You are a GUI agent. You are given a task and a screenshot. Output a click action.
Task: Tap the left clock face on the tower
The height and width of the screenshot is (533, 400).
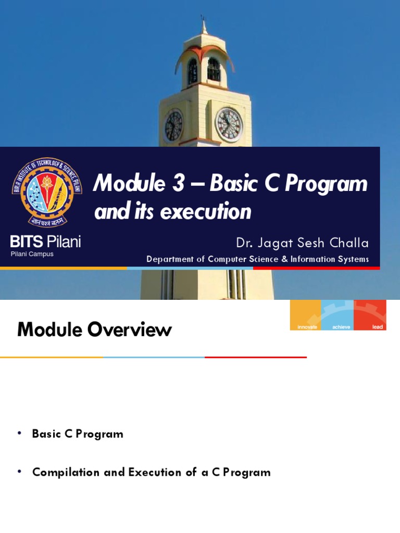pos(173,126)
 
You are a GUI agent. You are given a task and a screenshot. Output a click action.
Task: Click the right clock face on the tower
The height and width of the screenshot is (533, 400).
pos(229,125)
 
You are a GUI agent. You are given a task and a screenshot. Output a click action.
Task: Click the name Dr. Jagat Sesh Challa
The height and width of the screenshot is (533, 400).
pos(302,243)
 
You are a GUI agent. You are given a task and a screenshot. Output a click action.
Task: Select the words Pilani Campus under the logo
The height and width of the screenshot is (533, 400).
pos(32,254)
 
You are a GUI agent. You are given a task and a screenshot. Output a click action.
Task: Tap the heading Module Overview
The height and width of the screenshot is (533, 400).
pos(94,329)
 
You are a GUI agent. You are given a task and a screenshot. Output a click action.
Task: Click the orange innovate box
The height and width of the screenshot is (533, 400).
pos(306,315)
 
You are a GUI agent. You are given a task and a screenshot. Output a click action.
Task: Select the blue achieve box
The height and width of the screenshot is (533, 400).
pos(337,315)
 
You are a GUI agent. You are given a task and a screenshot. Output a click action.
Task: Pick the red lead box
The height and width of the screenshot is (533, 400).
pos(370,315)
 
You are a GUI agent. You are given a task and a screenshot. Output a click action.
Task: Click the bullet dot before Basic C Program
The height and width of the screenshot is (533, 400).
pos(20,434)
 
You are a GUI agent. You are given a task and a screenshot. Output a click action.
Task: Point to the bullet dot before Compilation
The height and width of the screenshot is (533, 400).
pos(20,472)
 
